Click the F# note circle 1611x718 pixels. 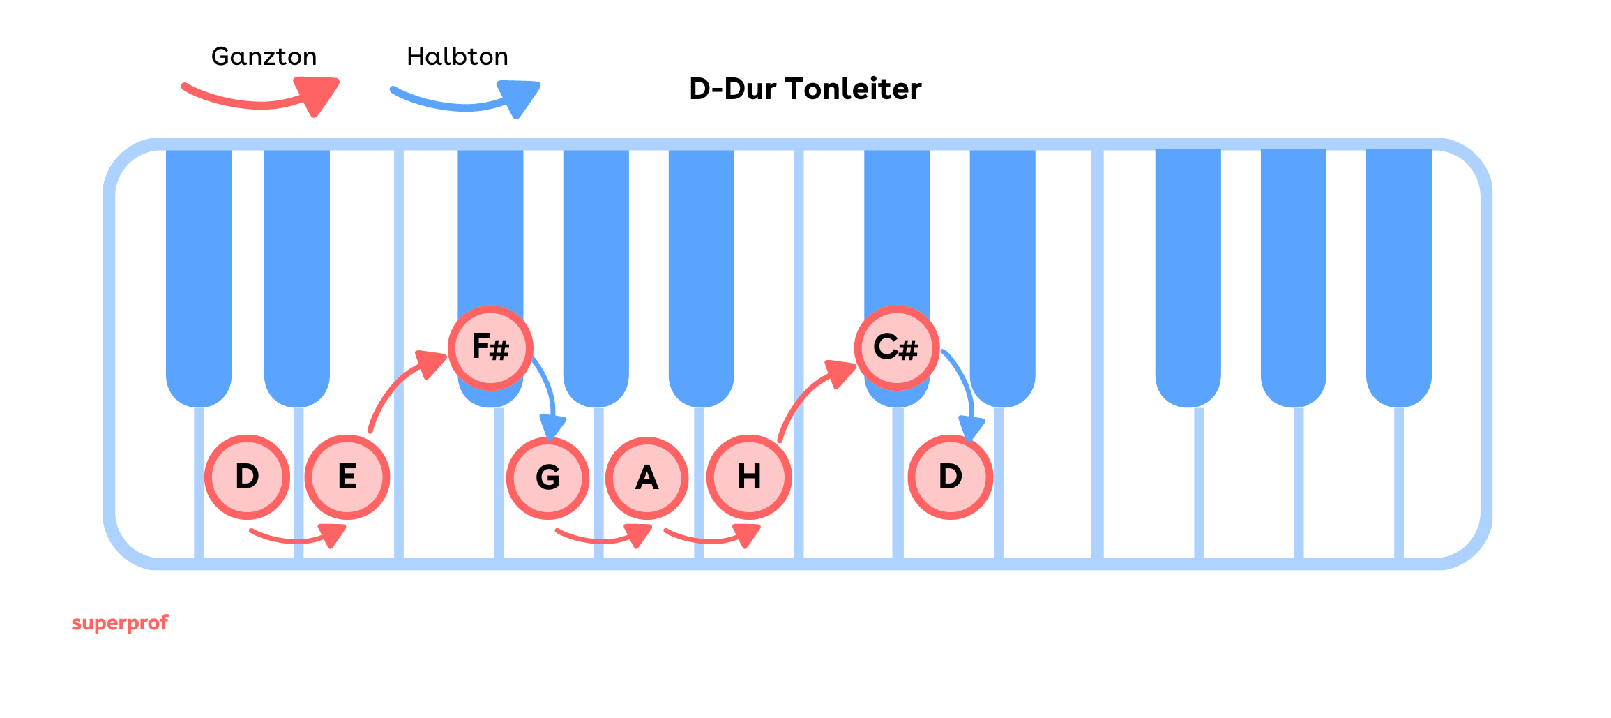[x=490, y=347]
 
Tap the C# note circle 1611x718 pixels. [x=897, y=347]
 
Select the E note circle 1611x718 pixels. [x=347, y=477]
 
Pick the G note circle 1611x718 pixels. [x=548, y=478]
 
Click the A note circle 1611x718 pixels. [x=647, y=478]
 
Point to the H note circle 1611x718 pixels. [x=749, y=477]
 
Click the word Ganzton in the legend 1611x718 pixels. [x=264, y=57]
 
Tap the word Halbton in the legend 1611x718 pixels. [x=457, y=57]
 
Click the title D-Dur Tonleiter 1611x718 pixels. [x=805, y=89]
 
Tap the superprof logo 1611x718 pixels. [x=120, y=622]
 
